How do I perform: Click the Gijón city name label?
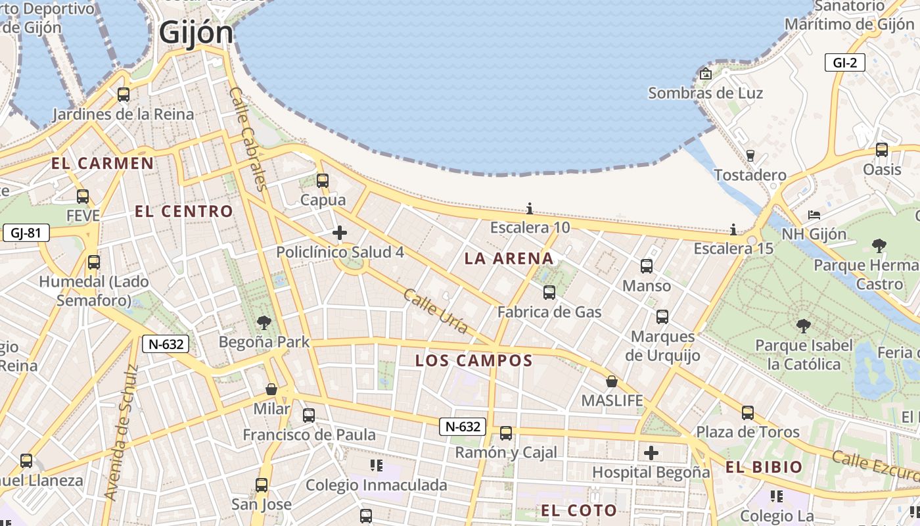point(196,32)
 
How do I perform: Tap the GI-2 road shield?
point(844,62)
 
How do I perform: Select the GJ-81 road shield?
point(26,233)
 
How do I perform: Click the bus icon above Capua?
point(323,180)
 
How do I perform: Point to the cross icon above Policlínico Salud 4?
point(340,233)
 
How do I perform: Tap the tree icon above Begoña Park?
point(264,322)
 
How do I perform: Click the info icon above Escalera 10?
point(530,209)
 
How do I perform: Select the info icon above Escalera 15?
point(733,229)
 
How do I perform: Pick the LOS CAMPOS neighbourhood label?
point(474,360)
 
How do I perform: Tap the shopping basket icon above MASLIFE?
point(612,381)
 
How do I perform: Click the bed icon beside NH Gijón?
point(814,215)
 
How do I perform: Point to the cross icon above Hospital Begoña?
point(651,453)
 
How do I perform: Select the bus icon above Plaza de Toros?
point(748,413)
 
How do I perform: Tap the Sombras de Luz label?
point(705,93)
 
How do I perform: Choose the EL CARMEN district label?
point(103,163)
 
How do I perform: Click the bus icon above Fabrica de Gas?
point(549,293)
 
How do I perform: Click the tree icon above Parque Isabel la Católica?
point(803,325)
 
